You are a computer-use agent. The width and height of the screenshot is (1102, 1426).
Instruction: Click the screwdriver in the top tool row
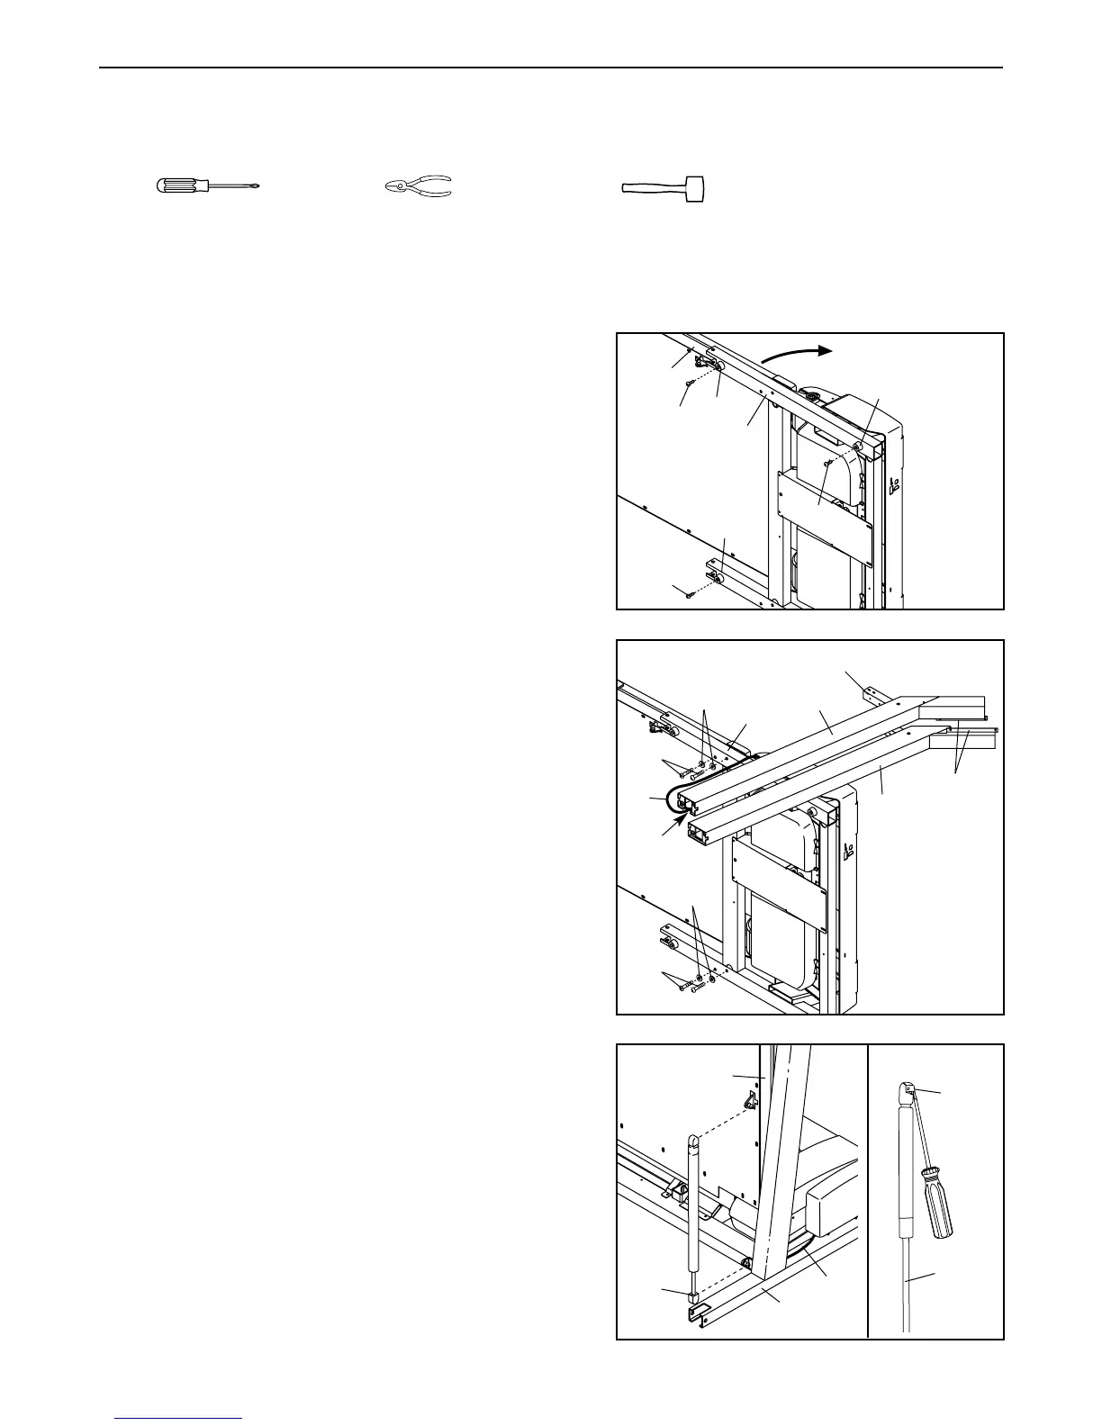[x=207, y=186]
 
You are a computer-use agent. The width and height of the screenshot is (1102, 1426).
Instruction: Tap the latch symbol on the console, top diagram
[x=894, y=487]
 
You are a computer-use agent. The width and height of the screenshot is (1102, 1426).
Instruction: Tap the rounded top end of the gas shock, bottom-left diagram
[x=693, y=1142]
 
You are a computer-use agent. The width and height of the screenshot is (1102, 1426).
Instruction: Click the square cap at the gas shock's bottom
[x=692, y=1297]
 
